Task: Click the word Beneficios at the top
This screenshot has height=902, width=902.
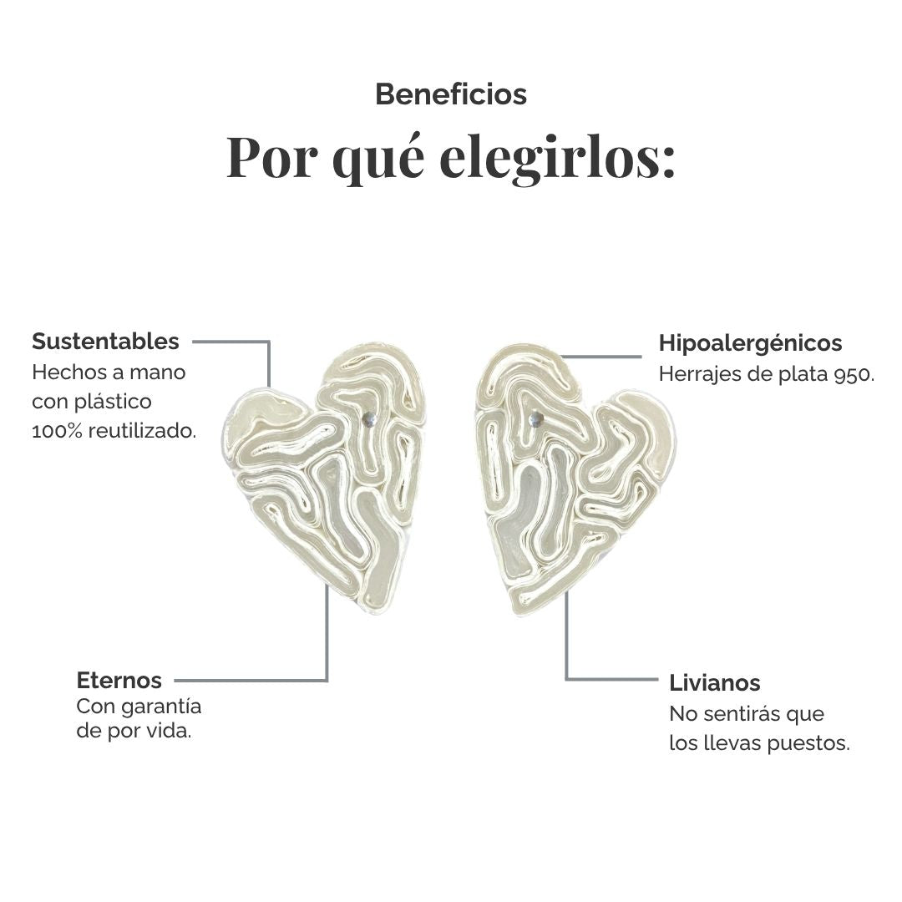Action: point(451,94)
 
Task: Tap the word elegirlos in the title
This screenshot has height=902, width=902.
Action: point(557,157)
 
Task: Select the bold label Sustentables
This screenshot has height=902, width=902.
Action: point(105,341)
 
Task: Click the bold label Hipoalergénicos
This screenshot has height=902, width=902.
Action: point(750,344)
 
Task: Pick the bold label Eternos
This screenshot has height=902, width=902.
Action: point(119,680)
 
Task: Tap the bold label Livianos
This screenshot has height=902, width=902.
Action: point(714,683)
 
